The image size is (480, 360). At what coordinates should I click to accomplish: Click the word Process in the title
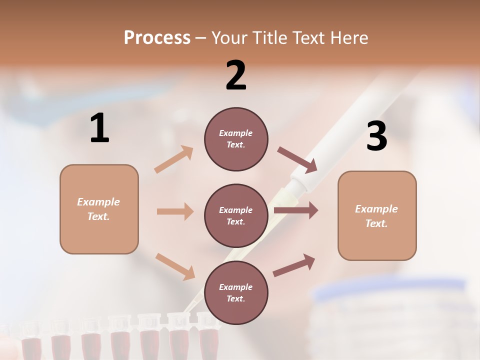click(157, 38)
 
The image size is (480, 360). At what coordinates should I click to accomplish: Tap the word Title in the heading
click(270, 38)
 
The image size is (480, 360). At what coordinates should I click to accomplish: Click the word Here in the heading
click(348, 38)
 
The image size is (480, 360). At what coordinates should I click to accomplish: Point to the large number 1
click(99, 128)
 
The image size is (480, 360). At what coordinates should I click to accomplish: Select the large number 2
click(236, 75)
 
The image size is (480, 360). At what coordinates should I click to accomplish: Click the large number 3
click(376, 136)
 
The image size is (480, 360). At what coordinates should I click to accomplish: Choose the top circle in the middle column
click(236, 139)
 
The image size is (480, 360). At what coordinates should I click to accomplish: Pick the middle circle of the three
click(236, 215)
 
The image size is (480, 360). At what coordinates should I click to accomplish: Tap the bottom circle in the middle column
click(236, 292)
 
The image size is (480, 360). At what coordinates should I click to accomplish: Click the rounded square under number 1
click(99, 209)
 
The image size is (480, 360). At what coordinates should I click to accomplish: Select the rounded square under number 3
click(377, 215)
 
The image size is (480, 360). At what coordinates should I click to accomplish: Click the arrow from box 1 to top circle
click(174, 159)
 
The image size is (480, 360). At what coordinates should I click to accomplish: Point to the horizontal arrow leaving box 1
click(175, 211)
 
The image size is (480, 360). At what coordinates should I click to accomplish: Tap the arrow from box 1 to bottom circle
click(175, 266)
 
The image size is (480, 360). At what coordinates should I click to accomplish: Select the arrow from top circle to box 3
click(297, 159)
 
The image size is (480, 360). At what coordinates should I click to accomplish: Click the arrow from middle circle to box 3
click(295, 210)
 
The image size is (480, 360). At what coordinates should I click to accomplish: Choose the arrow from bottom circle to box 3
click(294, 265)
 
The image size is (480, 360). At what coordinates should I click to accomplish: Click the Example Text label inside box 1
click(98, 209)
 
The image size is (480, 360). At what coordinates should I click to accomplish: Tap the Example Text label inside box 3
click(376, 216)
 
